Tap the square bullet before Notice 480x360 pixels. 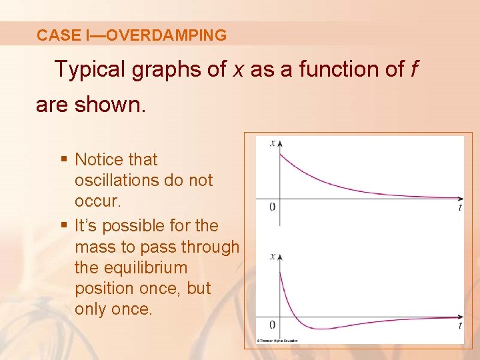click(64, 159)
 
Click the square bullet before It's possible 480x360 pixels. click(64, 225)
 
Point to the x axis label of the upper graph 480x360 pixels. click(272, 142)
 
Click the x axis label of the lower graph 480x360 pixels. click(272, 256)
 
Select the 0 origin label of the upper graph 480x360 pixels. click(272, 206)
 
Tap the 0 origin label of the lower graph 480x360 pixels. click(272, 325)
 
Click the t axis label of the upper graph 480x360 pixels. click(460, 207)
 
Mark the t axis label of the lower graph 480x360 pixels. click(460, 325)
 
